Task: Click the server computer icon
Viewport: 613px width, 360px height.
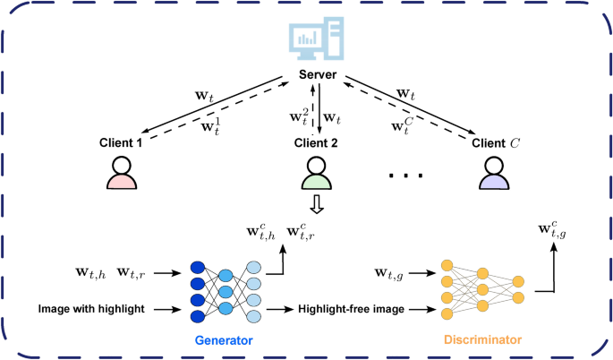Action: pos(316,39)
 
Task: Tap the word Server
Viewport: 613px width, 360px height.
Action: pos(318,74)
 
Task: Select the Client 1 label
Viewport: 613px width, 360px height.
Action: pos(121,142)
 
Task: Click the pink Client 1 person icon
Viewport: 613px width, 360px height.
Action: pos(122,173)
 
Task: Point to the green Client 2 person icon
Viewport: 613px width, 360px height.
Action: pos(316,173)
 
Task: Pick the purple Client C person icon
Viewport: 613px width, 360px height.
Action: pos(494,173)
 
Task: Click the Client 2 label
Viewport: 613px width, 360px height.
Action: pos(316,142)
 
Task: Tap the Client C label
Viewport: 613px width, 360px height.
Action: pos(496,142)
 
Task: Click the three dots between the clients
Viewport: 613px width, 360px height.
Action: pos(405,176)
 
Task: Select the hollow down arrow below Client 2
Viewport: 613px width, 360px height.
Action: pos(317,204)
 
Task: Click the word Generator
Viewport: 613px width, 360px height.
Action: pos(224,340)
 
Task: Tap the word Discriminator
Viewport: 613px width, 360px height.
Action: pos(483,339)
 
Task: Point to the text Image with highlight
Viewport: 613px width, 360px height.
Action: pos(91,309)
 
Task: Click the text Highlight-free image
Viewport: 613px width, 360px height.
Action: pos(351,309)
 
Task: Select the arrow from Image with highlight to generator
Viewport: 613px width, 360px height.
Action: pos(167,310)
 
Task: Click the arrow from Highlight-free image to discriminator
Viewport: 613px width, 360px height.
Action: pos(422,310)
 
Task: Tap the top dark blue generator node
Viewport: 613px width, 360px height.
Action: pos(198,267)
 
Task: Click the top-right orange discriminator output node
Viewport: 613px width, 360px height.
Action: pos(518,282)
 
